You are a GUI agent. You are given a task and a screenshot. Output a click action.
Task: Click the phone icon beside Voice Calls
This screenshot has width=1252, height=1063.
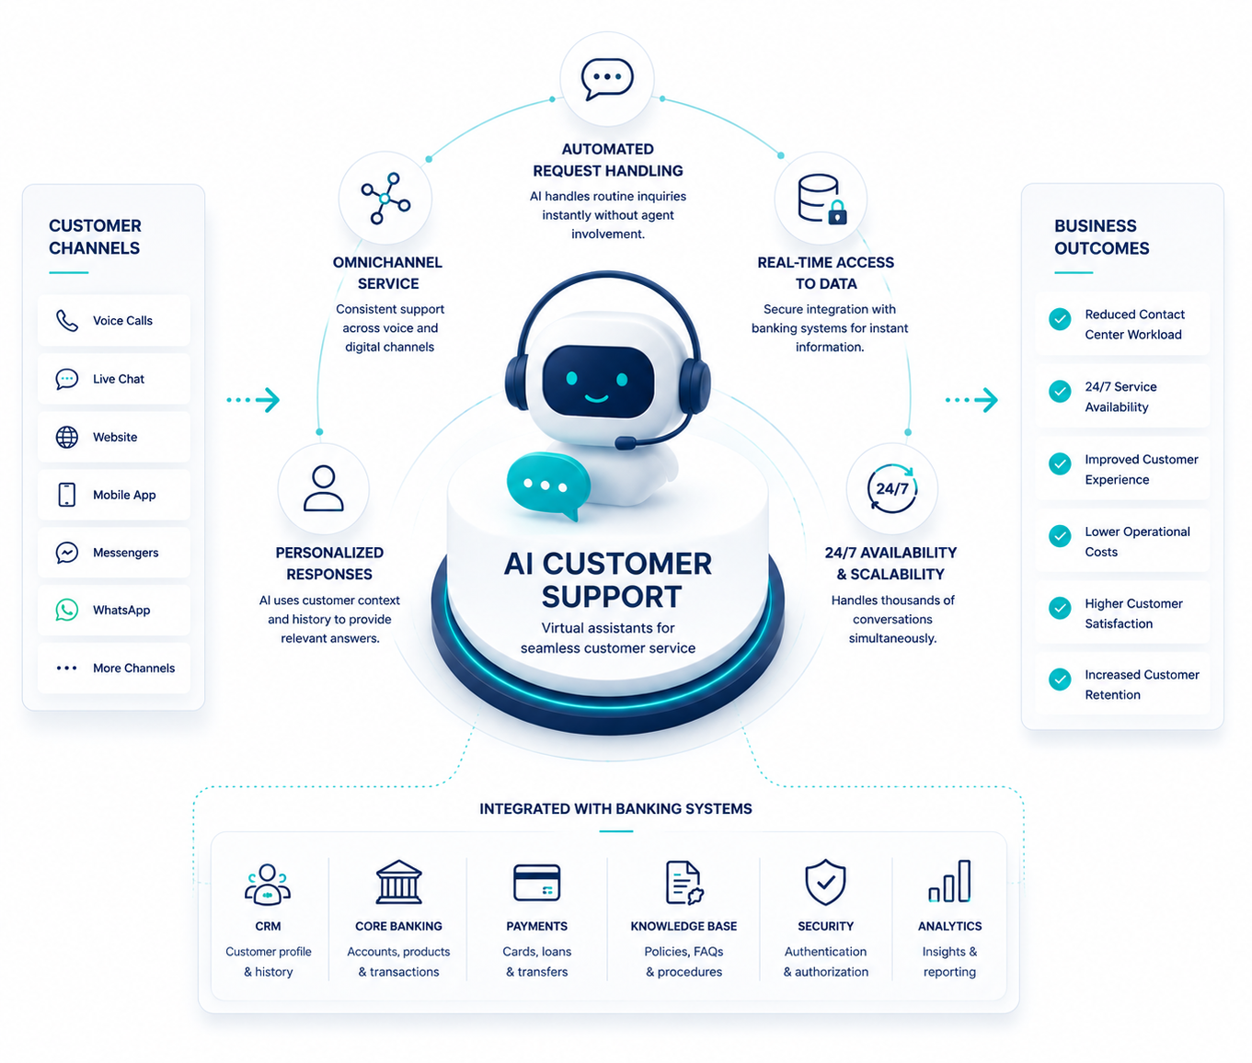click(x=66, y=320)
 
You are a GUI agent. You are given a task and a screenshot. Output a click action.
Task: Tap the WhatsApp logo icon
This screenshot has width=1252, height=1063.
click(x=66, y=610)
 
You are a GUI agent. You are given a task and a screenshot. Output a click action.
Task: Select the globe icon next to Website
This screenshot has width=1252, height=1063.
click(x=66, y=437)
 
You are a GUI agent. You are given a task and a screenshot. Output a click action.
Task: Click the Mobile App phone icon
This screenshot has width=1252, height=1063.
click(x=66, y=495)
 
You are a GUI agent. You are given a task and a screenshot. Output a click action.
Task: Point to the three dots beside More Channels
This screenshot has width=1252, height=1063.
click(x=66, y=669)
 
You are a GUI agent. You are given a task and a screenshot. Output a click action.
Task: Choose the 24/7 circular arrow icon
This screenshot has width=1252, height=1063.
click(x=892, y=488)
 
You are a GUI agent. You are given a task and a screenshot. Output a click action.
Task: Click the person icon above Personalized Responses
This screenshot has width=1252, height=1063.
click(x=324, y=488)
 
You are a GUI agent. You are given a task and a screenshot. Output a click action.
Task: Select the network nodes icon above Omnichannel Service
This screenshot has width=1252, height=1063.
click(x=385, y=199)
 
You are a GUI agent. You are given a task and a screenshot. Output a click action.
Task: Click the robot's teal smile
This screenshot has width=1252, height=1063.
click(x=597, y=398)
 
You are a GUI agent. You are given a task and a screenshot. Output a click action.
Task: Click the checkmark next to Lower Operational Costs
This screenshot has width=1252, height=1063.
click(x=1060, y=536)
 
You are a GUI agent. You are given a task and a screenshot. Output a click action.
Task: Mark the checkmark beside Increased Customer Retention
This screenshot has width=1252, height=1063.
click(x=1060, y=680)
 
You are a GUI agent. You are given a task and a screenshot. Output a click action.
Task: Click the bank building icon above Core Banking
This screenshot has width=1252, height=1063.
click(x=398, y=882)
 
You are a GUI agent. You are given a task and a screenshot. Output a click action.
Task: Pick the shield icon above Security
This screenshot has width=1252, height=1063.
click(x=825, y=882)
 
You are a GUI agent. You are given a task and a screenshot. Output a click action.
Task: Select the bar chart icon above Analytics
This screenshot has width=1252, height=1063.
click(x=949, y=881)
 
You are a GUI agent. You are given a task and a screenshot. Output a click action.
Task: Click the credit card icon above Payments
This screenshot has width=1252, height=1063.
click(x=536, y=882)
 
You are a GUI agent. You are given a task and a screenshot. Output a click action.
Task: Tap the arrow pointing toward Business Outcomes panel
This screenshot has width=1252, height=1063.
click(x=971, y=400)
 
